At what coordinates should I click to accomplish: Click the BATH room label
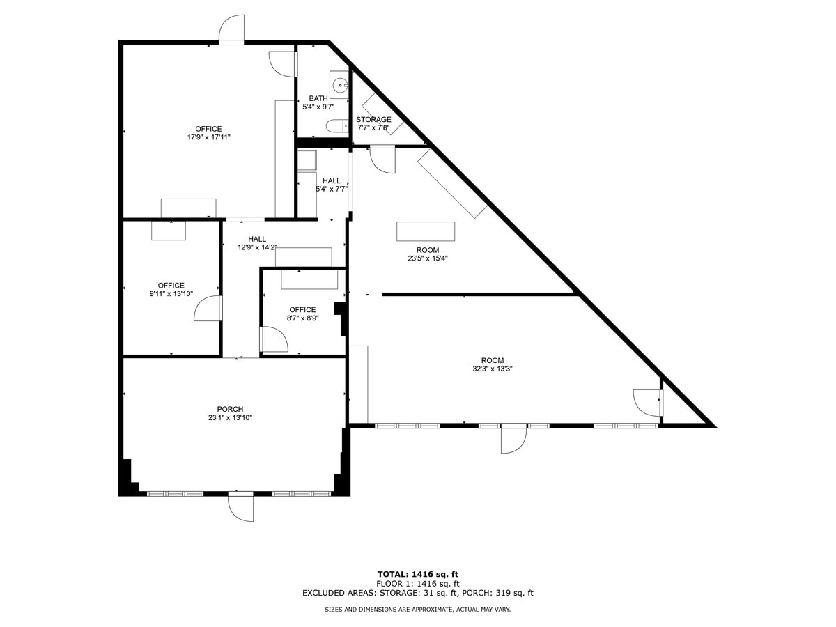pos(318,98)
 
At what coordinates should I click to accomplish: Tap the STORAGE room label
pos(373,119)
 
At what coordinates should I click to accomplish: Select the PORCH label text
pos(230,409)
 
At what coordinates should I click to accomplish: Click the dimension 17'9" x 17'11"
pos(208,137)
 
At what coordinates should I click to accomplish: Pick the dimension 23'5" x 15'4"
pos(428,258)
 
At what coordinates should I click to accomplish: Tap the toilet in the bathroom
pos(336,126)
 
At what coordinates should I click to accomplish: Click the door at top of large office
pos(231,29)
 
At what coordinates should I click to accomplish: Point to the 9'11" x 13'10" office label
pos(171,290)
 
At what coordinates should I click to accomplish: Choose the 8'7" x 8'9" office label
pos(302,313)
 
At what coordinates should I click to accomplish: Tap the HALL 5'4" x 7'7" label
pos(332,185)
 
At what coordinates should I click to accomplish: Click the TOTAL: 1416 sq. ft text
pos(417,574)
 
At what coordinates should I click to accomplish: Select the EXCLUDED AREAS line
pos(417,594)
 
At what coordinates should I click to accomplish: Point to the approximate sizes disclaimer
pos(417,610)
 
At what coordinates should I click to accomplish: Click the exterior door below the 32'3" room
pos(513,439)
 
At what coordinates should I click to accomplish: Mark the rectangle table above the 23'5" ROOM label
pos(426,231)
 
